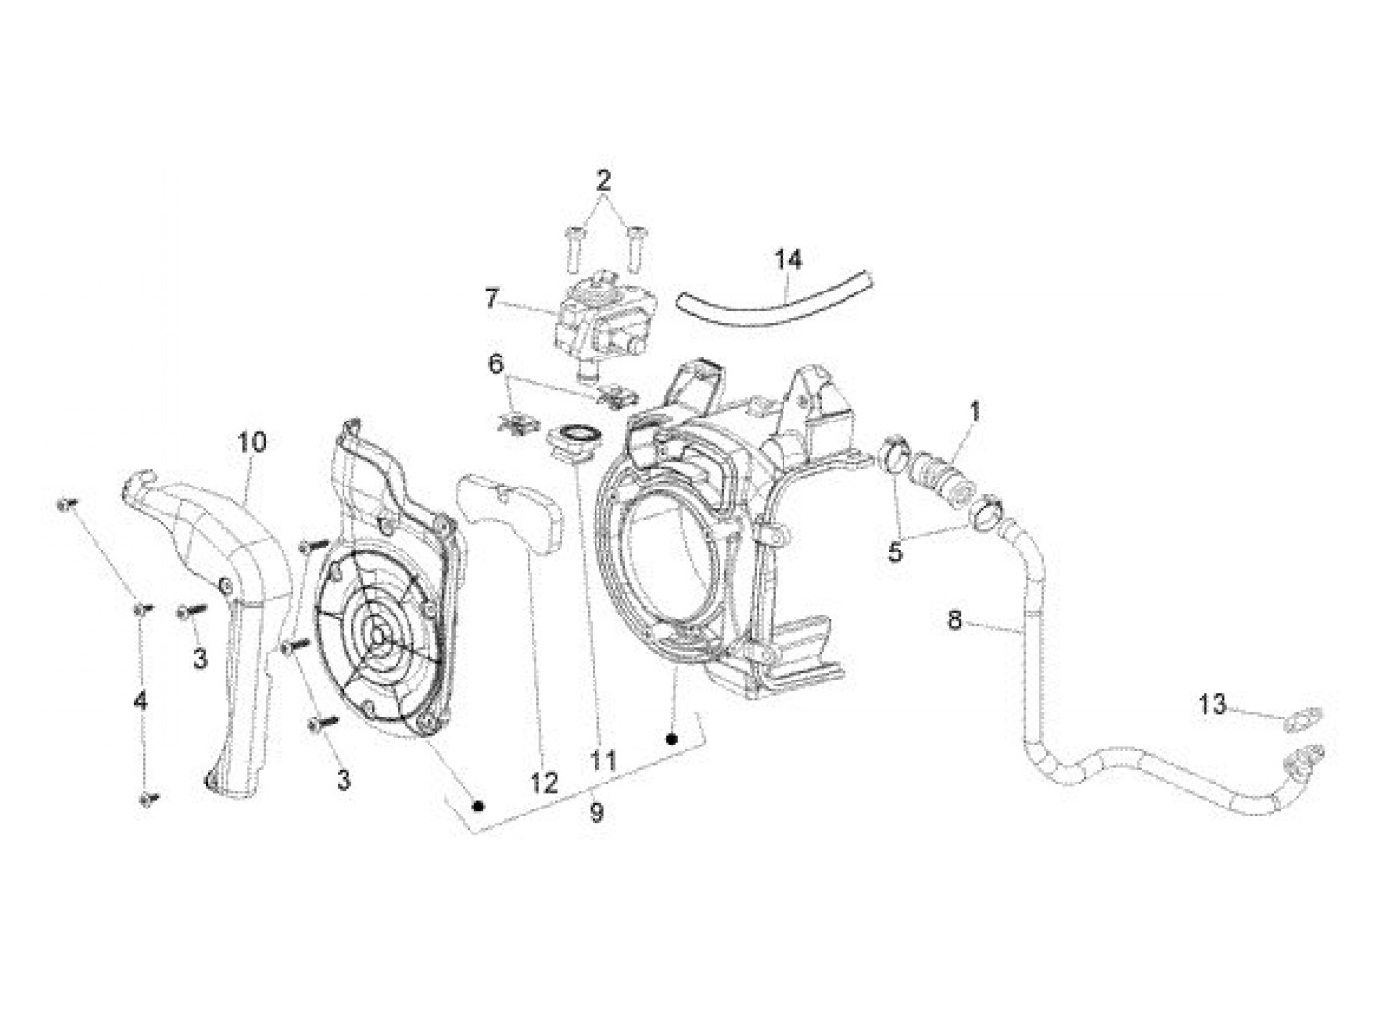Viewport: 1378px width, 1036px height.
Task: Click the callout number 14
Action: (x=787, y=260)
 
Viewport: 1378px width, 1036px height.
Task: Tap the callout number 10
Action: (x=251, y=442)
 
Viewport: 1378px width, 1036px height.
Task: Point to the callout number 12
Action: (x=544, y=783)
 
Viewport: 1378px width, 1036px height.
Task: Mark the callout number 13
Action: (x=1214, y=704)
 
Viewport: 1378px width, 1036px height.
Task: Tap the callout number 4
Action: (x=141, y=701)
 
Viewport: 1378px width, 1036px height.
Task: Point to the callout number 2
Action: (x=603, y=180)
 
